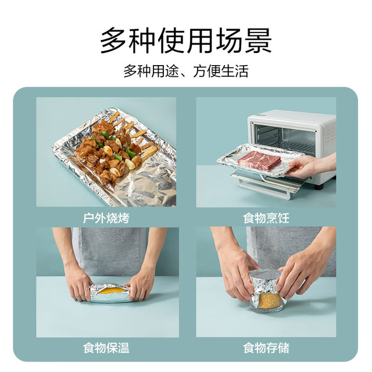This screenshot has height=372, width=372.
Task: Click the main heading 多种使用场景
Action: click(x=186, y=41)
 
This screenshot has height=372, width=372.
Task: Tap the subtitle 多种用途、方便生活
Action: click(x=186, y=71)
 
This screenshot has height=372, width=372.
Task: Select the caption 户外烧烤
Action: click(x=106, y=218)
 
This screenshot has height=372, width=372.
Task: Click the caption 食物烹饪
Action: click(x=266, y=218)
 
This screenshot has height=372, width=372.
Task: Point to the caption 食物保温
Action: click(x=106, y=348)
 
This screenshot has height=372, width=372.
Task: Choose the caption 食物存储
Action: click(x=266, y=348)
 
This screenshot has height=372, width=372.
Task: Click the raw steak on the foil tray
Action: click(x=259, y=159)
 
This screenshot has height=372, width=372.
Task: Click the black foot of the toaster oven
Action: click(x=319, y=187)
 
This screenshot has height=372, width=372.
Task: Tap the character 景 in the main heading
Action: click(x=258, y=41)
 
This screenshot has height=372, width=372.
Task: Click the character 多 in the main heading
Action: click(x=113, y=41)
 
